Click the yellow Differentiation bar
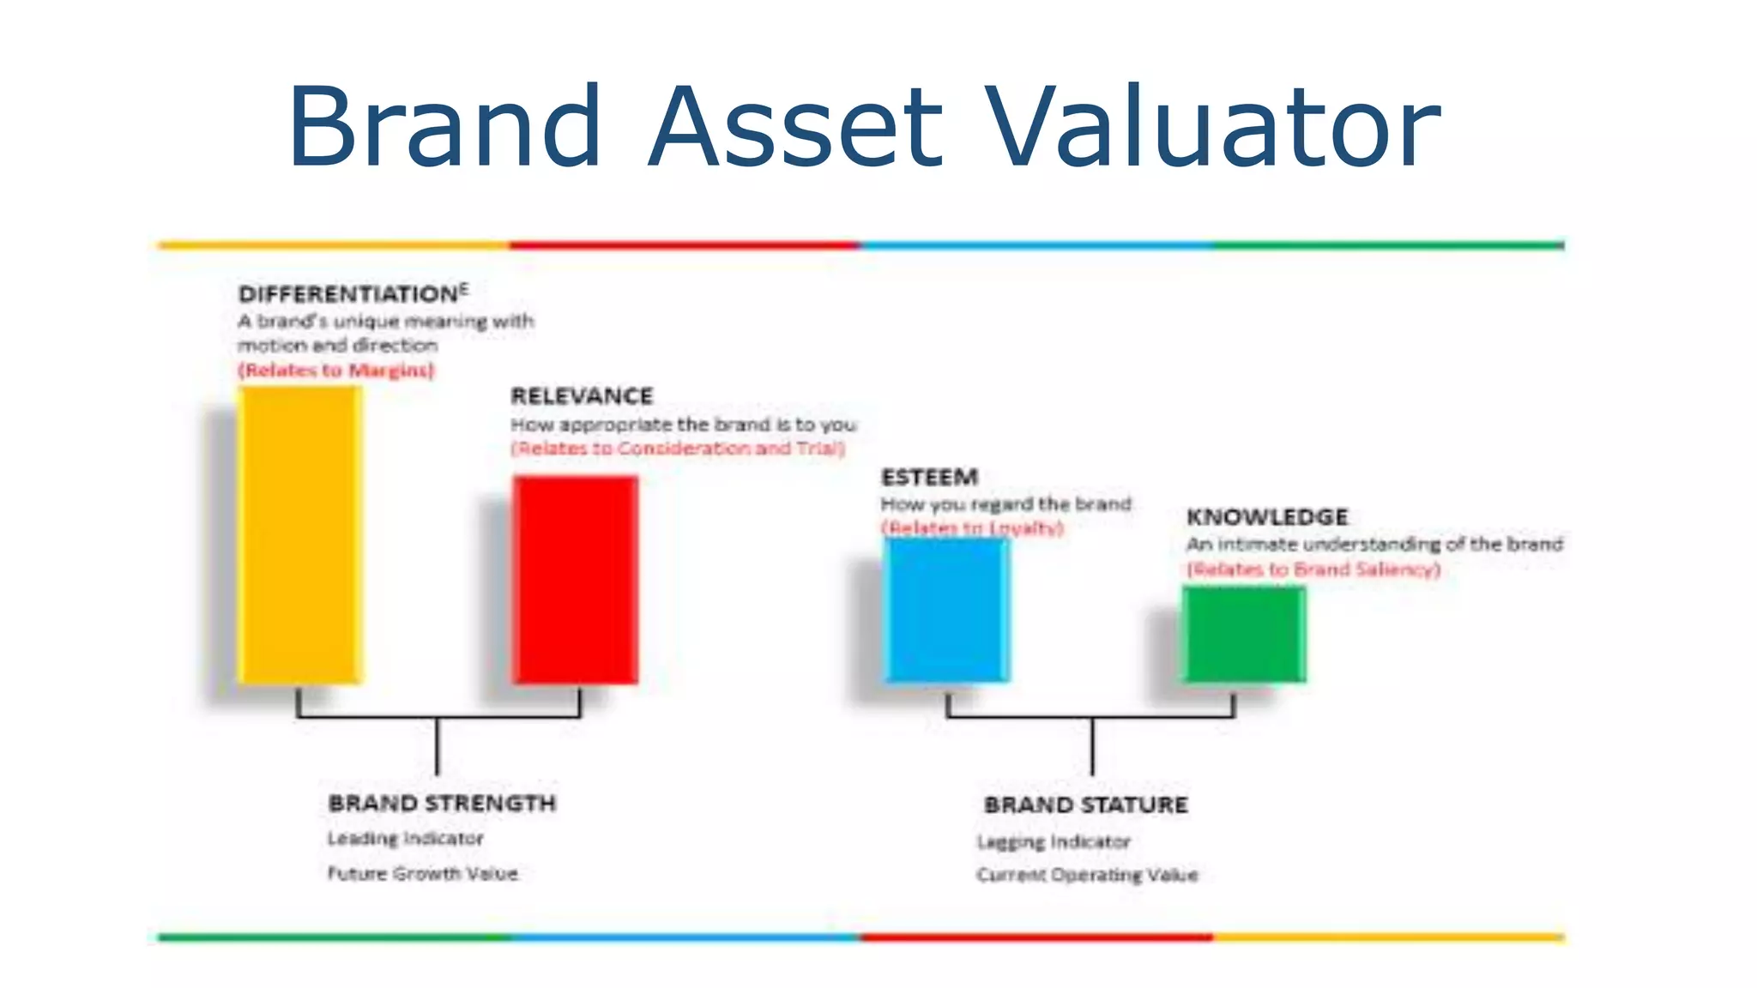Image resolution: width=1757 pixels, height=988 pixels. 299,535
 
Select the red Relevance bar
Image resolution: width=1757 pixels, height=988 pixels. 575,580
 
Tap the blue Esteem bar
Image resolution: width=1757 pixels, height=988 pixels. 947,610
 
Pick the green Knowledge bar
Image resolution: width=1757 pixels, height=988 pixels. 1244,635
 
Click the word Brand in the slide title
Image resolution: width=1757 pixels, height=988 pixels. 444,127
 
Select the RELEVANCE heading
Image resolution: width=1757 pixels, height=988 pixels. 582,396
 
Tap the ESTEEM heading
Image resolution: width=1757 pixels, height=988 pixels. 929,477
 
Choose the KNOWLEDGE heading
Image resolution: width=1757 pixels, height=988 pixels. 1267,517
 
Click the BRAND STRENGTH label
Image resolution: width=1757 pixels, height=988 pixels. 442,804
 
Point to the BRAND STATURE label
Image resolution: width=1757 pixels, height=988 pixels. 1085,805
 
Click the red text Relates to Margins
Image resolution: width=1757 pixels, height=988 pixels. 336,370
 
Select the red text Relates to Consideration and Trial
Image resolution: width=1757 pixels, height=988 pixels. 678,449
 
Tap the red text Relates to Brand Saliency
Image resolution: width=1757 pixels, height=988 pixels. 1313,569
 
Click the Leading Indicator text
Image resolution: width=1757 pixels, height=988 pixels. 405,839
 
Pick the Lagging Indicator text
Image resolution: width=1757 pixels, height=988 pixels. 1054,842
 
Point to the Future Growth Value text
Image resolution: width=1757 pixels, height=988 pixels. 422,874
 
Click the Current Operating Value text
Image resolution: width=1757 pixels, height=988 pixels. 1087,876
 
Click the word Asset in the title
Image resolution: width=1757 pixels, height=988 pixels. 795,127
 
